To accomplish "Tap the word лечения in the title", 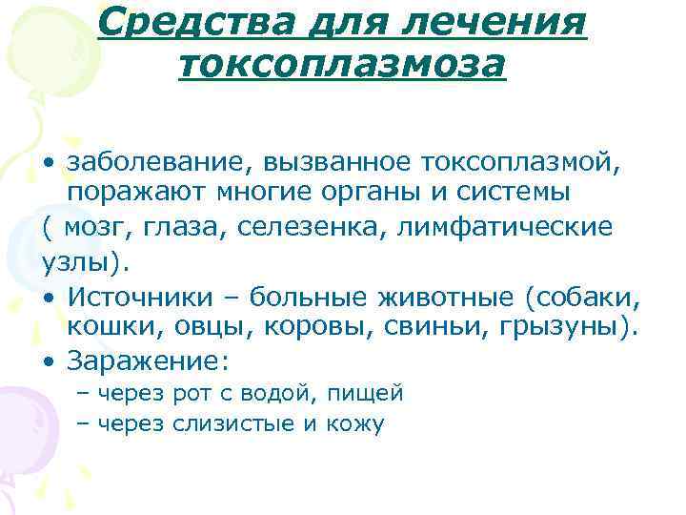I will pyautogui.click(x=501, y=20).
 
